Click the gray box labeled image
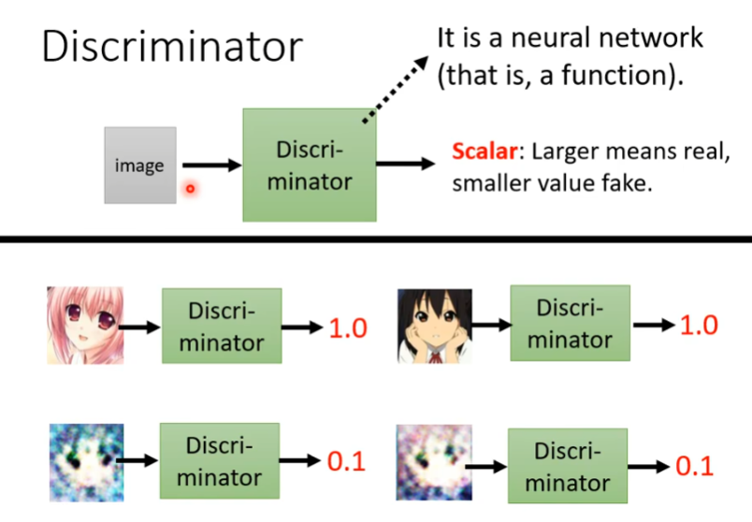pos(139,166)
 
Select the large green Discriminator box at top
pos(310,165)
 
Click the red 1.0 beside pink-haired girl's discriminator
pos(348,328)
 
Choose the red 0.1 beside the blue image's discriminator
pos(345,462)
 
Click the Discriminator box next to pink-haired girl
pos(222,326)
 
